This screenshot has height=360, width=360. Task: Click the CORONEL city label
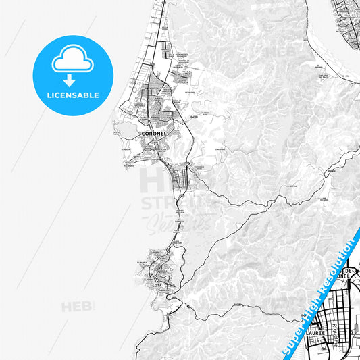[x=154, y=134]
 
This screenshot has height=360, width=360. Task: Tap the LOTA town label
[x=157, y=286]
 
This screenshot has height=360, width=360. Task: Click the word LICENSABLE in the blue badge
[x=72, y=95]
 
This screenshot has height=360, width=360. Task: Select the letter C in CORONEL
[x=143, y=134]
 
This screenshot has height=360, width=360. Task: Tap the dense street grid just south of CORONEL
[x=180, y=178]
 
